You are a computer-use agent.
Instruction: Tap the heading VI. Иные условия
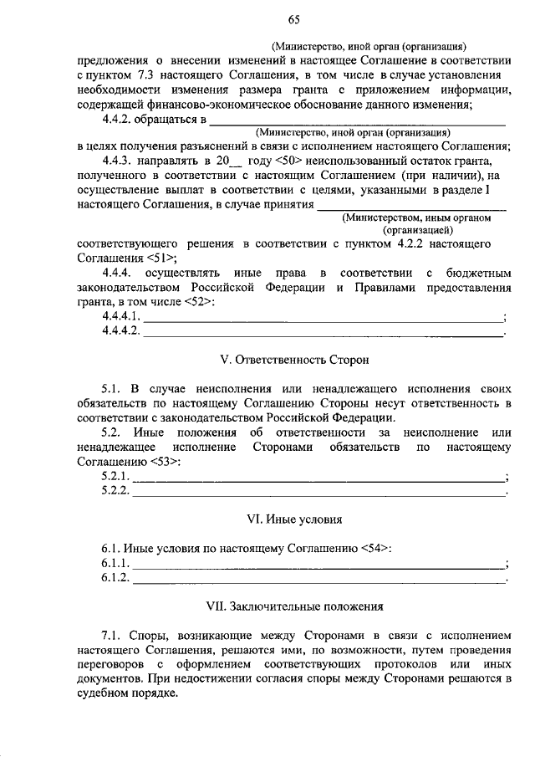pos(293,519)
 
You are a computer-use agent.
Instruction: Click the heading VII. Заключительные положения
pos(293,606)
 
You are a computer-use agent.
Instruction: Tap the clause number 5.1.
pos(112,390)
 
